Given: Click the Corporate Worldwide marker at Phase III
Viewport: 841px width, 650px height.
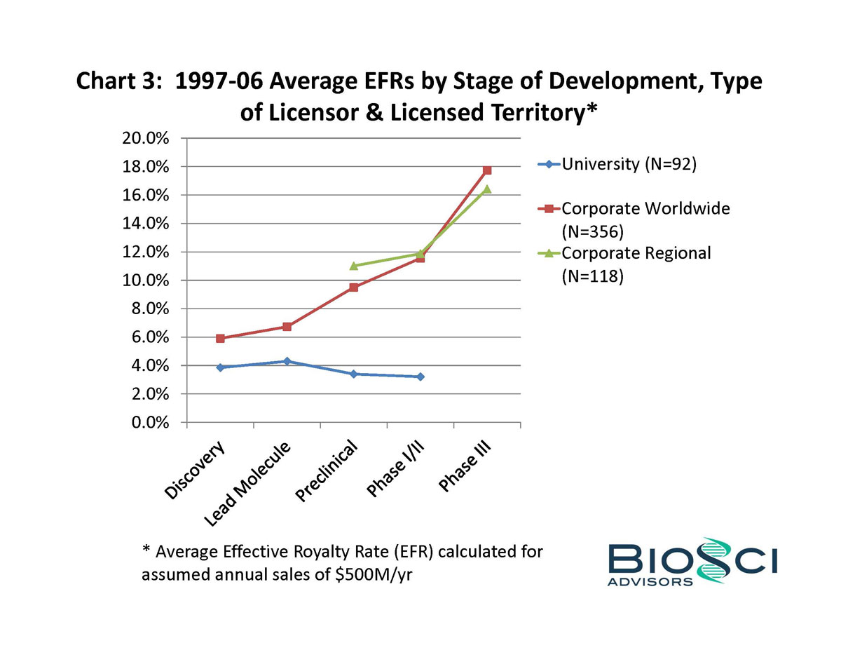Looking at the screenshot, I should pos(487,170).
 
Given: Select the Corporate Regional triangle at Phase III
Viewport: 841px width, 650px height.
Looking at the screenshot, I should pos(487,189).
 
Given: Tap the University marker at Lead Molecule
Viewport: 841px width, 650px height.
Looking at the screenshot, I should pos(287,361).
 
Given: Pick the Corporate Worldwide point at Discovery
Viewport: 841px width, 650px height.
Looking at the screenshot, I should pos(220,338).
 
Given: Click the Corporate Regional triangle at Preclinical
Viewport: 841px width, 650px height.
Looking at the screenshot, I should pos(353,266).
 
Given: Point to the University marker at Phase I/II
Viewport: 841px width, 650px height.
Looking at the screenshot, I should pos(420,377).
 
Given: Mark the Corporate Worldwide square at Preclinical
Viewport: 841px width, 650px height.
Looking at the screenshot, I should pos(353,287).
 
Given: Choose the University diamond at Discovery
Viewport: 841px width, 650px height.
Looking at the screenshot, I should pos(220,367).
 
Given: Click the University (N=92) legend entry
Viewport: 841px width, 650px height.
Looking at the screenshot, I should pos(620,165).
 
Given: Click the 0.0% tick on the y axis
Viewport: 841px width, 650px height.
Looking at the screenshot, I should pos(151,423).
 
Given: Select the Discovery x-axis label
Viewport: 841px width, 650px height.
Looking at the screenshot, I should pos(196,470).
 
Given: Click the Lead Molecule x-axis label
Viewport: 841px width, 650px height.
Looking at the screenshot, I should pos(247,484).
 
